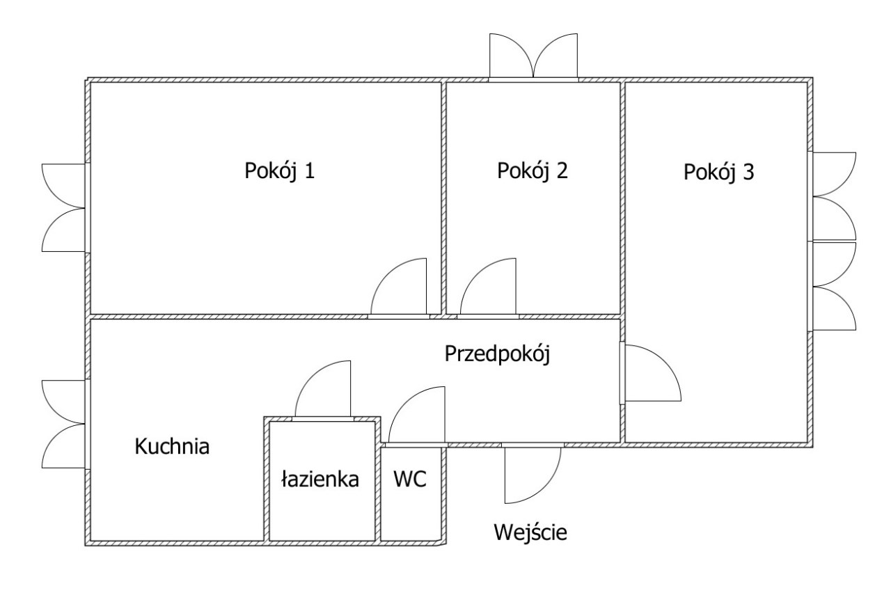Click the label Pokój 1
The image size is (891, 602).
(x=279, y=171)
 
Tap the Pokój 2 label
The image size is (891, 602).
(x=533, y=171)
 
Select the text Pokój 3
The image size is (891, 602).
(x=718, y=172)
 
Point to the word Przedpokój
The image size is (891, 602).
(x=497, y=354)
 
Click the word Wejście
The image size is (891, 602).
(x=530, y=533)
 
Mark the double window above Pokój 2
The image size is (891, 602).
(x=533, y=57)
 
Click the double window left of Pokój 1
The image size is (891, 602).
(x=64, y=207)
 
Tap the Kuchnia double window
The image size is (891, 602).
(x=64, y=425)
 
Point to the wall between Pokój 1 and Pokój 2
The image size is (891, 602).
(x=443, y=198)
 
